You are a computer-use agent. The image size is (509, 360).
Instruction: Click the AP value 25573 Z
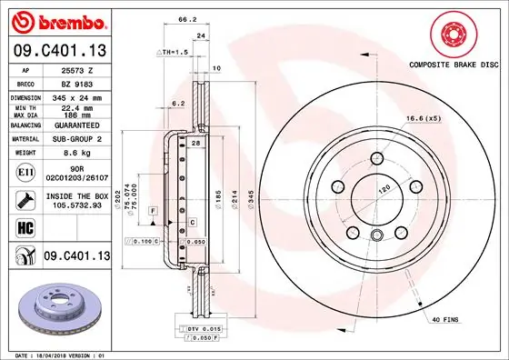(76, 70)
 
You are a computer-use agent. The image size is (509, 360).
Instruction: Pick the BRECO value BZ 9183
(76, 83)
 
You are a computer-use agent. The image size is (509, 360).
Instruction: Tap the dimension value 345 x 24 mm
(76, 96)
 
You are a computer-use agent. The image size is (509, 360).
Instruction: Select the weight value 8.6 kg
(76, 154)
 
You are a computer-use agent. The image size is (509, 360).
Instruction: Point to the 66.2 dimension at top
(187, 18)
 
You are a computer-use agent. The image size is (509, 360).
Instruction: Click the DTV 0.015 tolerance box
(203, 327)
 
